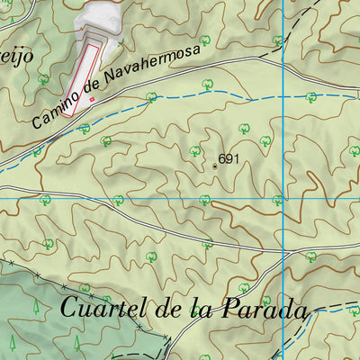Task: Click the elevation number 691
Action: [229, 159]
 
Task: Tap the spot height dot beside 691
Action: [215, 165]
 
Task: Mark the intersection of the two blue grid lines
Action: [283, 197]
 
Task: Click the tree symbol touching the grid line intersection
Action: [278, 200]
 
